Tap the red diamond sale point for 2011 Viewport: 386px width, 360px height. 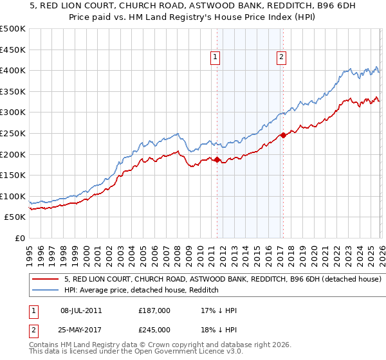[x=217, y=160]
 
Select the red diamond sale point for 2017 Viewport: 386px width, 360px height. [x=283, y=136]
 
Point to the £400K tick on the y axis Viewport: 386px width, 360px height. [x=13, y=71]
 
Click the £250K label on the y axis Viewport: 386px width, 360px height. [x=13, y=133]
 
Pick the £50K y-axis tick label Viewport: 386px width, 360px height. [x=15, y=217]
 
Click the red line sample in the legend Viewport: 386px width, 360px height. [x=45, y=280]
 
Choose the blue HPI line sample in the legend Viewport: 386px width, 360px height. [x=45, y=291]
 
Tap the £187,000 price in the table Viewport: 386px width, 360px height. [x=154, y=310]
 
